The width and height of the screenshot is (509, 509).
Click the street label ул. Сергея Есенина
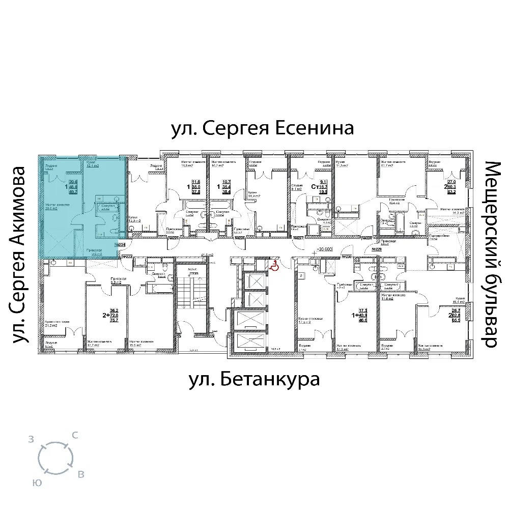click(262, 128)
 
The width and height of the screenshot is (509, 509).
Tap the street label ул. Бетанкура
click(254, 379)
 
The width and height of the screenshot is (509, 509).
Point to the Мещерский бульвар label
click(491, 254)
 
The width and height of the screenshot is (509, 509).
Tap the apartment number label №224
click(121, 245)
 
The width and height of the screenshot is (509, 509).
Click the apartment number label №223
click(127, 258)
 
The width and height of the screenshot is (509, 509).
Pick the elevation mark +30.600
click(324, 249)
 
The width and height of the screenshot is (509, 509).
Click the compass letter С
click(75, 435)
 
